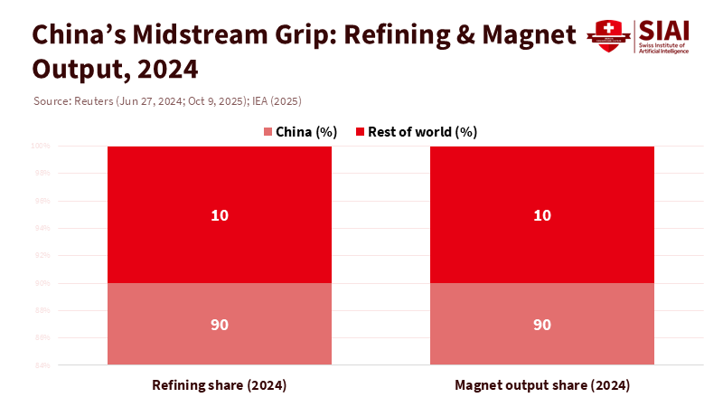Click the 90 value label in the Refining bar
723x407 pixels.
[x=220, y=325]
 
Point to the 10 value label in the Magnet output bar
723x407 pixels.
[x=542, y=215]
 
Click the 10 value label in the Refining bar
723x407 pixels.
[x=220, y=215]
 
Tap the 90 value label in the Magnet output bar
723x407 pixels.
[x=542, y=325]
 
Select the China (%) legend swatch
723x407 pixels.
[x=268, y=132]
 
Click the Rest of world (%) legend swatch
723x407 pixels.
[x=359, y=132]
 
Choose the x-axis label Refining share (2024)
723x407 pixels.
[x=220, y=385]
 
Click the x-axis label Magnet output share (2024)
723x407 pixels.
[x=542, y=385]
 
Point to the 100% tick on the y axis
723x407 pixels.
[x=40, y=146]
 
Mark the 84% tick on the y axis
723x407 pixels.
[x=41, y=365]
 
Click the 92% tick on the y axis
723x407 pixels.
[x=41, y=256]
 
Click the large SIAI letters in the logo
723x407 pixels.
[x=663, y=29]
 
